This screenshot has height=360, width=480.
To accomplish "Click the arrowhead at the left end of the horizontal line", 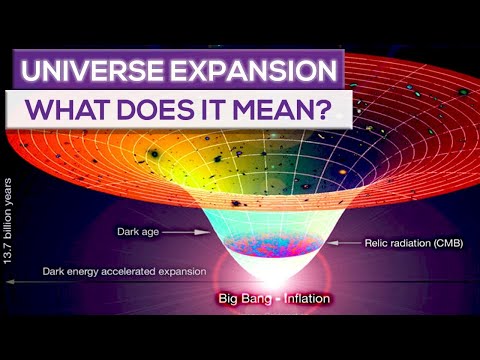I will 7,283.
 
